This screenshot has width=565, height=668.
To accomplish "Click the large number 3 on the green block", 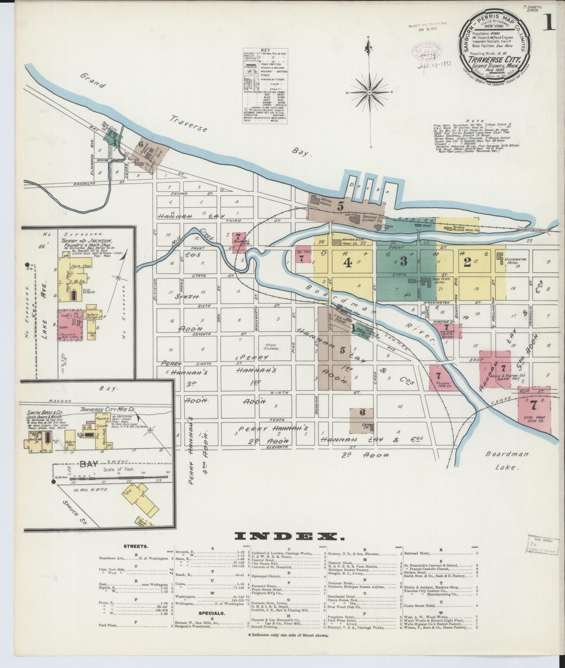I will pyautogui.click(x=404, y=262).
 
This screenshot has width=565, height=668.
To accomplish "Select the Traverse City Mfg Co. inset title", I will pyautogui.click(x=107, y=409).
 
